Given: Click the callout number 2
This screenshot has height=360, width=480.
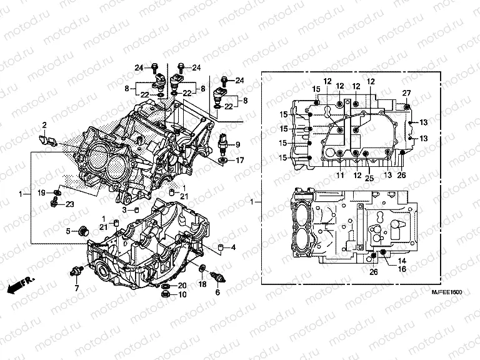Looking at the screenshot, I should [x=44, y=125].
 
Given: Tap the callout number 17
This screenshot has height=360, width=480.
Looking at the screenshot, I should [x=239, y=161].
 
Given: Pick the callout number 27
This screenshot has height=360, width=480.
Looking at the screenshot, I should [x=406, y=93].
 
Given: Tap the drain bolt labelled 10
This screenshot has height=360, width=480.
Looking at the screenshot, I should [x=164, y=294].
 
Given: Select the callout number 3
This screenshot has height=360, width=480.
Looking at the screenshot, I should [x=124, y=211].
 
